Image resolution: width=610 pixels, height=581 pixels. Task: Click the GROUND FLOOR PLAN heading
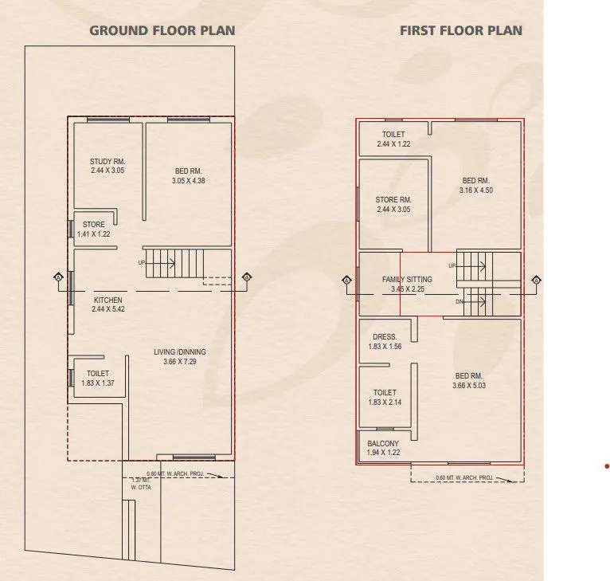pyautogui.click(x=162, y=31)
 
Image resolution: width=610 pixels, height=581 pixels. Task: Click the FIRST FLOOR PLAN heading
pyautogui.click(x=460, y=31)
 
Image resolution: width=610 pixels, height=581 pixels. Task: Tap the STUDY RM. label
pyautogui.click(x=107, y=162)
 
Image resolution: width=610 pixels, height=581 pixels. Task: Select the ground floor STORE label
pyautogui.click(x=93, y=225)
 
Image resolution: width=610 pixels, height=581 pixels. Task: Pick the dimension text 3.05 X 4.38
pyautogui.click(x=189, y=180)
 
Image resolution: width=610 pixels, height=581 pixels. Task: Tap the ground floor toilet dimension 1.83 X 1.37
pyautogui.click(x=99, y=383)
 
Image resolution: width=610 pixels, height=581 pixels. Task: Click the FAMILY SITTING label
pyautogui.click(x=407, y=280)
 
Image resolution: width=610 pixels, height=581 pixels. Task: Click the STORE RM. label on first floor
pyautogui.click(x=393, y=200)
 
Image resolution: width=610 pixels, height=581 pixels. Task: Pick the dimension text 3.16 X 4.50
pyautogui.click(x=476, y=190)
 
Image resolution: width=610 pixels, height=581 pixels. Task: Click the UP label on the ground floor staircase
pyautogui.click(x=142, y=262)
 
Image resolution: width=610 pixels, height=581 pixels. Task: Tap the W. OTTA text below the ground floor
pyautogui.click(x=140, y=487)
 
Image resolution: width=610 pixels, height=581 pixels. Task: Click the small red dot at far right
pyautogui.click(x=606, y=465)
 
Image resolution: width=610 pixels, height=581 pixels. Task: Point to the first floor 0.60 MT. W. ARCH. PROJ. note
pyautogui.click(x=464, y=477)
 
